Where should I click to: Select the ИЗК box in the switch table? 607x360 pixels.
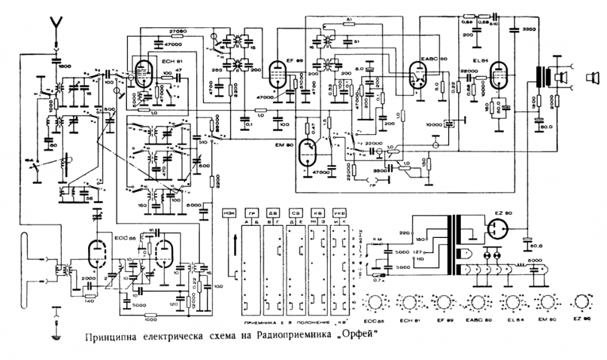[230, 214]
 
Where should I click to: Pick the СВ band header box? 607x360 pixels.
[296, 214]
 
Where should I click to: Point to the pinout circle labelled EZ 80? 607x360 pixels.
[582, 302]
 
